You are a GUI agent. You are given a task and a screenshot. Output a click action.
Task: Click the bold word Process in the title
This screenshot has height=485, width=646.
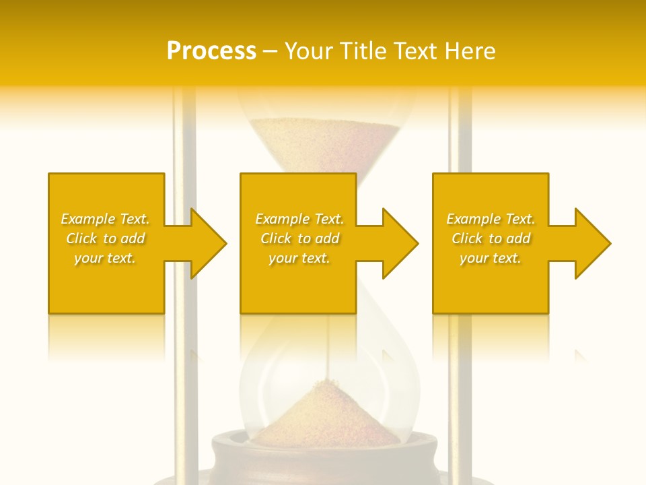[211, 51]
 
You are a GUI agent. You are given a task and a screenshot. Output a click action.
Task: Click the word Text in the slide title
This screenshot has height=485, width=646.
[416, 51]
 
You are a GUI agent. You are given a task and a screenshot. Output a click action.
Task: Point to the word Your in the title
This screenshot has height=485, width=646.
[309, 51]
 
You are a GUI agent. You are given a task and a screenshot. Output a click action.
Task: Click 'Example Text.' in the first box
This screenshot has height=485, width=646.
[105, 219]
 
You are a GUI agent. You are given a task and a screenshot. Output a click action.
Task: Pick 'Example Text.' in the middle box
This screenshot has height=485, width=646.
[299, 219]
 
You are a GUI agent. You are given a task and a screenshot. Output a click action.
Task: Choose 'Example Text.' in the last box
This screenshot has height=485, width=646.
[491, 219]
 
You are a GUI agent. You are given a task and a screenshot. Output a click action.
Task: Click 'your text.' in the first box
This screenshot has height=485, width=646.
[105, 258]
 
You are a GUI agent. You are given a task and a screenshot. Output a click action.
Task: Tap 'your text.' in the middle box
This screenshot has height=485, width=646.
[299, 258]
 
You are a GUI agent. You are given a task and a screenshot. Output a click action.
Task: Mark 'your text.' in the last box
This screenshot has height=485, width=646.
[491, 258]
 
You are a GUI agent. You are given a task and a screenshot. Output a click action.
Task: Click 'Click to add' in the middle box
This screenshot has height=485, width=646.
[299, 238]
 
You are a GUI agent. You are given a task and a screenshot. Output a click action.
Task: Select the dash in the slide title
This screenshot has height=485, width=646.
[270, 52]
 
